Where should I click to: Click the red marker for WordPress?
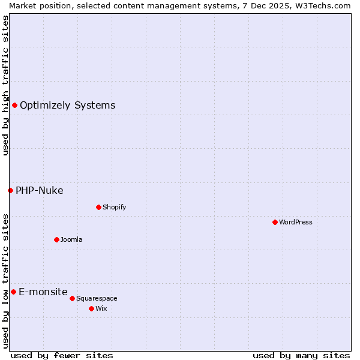click(x=275, y=222)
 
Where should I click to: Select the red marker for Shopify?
click(x=98, y=207)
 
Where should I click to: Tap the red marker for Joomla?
click(x=56, y=239)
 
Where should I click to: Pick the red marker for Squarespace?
click(x=72, y=298)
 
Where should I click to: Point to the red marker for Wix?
click(x=91, y=308)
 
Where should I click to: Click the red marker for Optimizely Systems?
click(x=14, y=106)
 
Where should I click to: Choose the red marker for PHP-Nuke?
click(x=10, y=190)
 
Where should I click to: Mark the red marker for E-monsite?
click(x=13, y=292)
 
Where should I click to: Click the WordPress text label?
click(x=296, y=223)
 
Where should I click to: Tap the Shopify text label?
click(x=115, y=208)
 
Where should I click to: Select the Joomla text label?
click(x=71, y=240)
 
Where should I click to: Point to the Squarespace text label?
click(x=97, y=299)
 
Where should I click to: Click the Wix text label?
click(x=101, y=309)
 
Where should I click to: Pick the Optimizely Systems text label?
click(x=67, y=106)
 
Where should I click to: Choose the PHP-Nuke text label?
click(x=39, y=191)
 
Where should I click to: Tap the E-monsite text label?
click(x=43, y=292)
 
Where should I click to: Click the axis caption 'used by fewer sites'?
click(x=62, y=355)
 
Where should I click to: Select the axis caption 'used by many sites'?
click(x=301, y=355)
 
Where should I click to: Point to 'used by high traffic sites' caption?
click(x=5, y=85)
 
